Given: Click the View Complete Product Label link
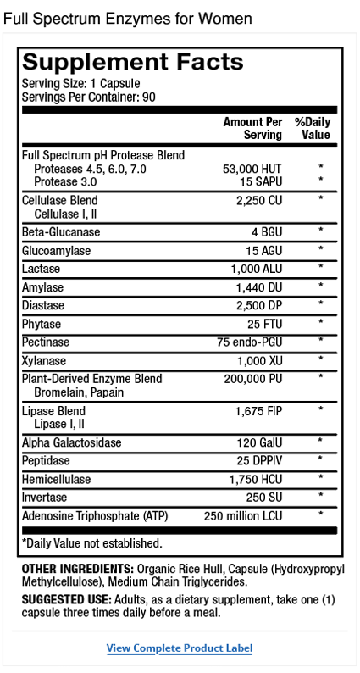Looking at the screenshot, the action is (180, 648).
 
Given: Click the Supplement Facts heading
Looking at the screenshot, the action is (132, 62).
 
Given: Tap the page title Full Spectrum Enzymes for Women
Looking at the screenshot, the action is (128, 18).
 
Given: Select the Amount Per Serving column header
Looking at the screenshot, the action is (252, 128).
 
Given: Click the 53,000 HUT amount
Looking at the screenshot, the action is (251, 169).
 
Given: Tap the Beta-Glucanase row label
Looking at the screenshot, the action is (61, 231).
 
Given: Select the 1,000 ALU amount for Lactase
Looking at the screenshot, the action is (258, 268).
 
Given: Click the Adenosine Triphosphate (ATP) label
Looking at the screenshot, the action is (93, 514).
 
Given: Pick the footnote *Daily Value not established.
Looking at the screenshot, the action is (91, 542).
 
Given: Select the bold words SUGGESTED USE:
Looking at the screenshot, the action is (66, 599).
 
